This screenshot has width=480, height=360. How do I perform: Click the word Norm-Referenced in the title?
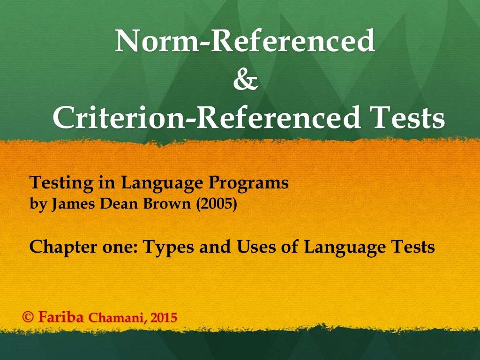[x=245, y=41]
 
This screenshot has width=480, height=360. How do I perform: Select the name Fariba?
[x=61, y=317]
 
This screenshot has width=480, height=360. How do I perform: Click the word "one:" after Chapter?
[x=117, y=247]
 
